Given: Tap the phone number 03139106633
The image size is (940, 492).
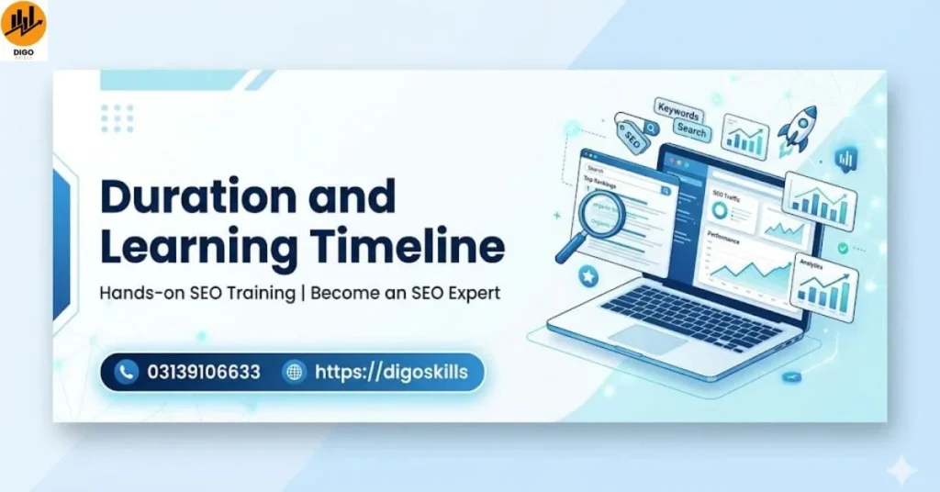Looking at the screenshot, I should pyautogui.click(x=203, y=372).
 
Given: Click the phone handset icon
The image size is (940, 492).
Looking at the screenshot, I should pyautogui.click(x=127, y=372).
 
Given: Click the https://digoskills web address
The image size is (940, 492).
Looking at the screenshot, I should pyautogui.click(x=391, y=372).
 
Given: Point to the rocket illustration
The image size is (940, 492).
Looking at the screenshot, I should pyautogui.click(x=797, y=129).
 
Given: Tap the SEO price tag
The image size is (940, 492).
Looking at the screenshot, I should pyautogui.click(x=631, y=137).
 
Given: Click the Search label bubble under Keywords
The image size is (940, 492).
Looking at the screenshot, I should pyautogui.click(x=690, y=131).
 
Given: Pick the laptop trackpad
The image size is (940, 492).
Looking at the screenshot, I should pyautogui.click(x=646, y=338).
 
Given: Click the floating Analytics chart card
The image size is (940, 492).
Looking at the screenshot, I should pyautogui.click(x=822, y=285).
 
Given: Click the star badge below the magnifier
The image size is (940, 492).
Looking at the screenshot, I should pyautogui.click(x=587, y=275).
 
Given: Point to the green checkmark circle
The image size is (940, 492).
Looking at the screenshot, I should pyautogui.click(x=842, y=248).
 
